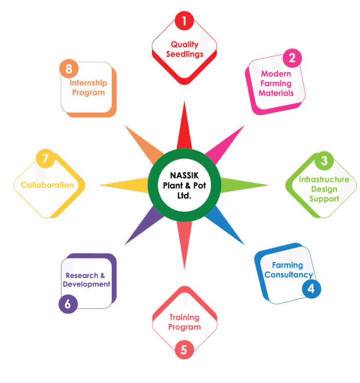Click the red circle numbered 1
click(184, 21)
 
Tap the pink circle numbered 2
click(292, 59)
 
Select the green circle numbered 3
click(324, 161)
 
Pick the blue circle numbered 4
click(311, 289)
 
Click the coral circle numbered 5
click(184, 349)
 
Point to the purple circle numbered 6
click(68, 304)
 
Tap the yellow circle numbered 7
click(46, 159)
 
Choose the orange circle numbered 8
click(69, 68)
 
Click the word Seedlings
click(185, 54)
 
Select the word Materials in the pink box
click(276, 93)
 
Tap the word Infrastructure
click(324, 180)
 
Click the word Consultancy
click(289, 275)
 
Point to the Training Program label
click(185, 322)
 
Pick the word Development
click(87, 284)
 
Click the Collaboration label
click(47, 185)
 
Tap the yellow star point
click(125, 185)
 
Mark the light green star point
click(244, 185)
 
